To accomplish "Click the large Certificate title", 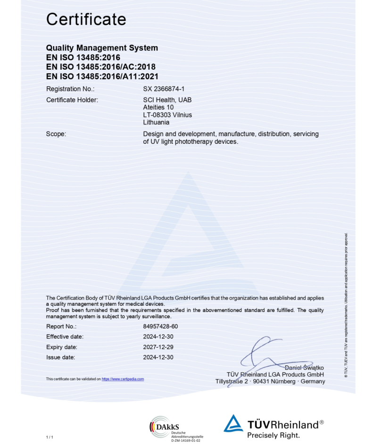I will click(x=86, y=19).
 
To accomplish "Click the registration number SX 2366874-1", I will click(x=164, y=89).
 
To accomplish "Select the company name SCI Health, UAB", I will click(x=167, y=100).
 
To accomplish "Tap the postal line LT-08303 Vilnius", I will click(x=167, y=115).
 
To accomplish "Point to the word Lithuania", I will click(x=156, y=122).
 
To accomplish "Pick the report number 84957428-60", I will click(x=160, y=326).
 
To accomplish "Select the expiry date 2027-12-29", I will click(x=158, y=347).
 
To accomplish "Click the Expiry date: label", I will click(x=62, y=347).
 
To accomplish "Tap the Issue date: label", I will click(x=60, y=357).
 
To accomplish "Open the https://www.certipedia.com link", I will click(x=123, y=379).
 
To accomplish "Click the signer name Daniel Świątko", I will click(x=305, y=368).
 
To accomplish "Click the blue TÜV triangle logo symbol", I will click(x=233, y=423).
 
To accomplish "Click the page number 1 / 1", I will click(x=50, y=437).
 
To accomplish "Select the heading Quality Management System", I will click(x=102, y=48).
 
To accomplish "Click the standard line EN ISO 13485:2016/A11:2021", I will click(x=102, y=76).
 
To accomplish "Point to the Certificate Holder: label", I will click(x=72, y=100).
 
